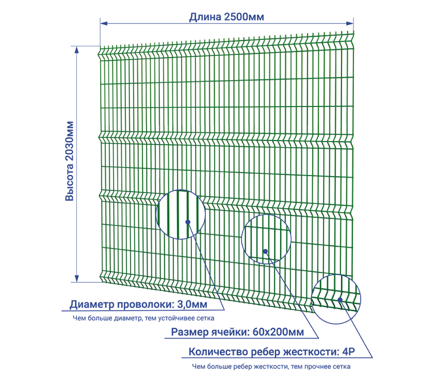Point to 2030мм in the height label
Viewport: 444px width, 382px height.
click(x=69, y=142)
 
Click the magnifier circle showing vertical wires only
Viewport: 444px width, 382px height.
click(x=181, y=214)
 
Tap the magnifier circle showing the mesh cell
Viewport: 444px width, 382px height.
click(x=266, y=238)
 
